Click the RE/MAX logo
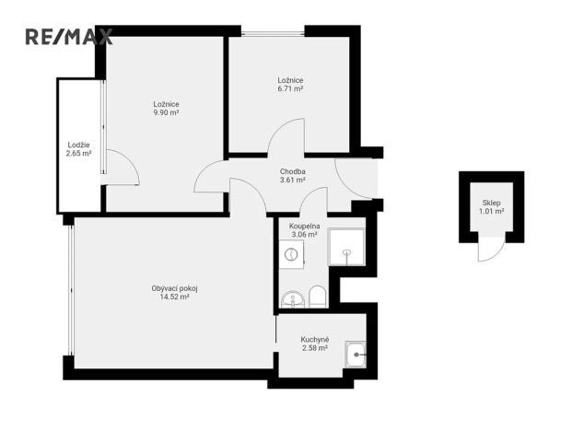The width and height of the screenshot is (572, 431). tap(68, 37)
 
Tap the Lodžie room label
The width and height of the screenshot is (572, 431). tap(78, 144)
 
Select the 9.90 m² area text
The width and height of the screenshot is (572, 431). tap(166, 113)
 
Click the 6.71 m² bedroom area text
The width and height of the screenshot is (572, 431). tap(290, 90)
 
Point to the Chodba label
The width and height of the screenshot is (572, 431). tap(293, 171)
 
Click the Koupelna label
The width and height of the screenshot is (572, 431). tap(304, 226)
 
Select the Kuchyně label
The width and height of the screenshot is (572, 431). tap(314, 339)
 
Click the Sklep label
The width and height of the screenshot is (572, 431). tap(492, 202)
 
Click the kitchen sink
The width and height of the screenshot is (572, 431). tap(356, 352)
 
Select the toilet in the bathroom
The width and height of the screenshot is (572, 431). tap(317, 296)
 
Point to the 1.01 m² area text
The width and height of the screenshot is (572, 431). tap(492, 211)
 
